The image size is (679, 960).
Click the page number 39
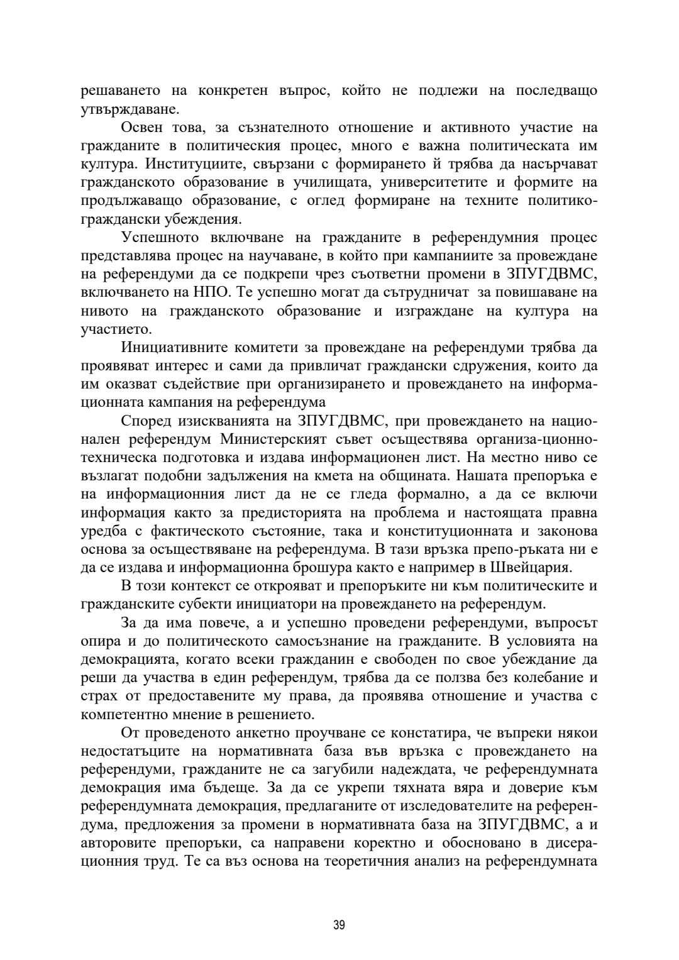click(x=339, y=924)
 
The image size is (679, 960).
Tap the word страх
click(x=98, y=696)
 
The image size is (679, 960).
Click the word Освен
click(x=141, y=128)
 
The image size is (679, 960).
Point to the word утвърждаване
click(x=130, y=109)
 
